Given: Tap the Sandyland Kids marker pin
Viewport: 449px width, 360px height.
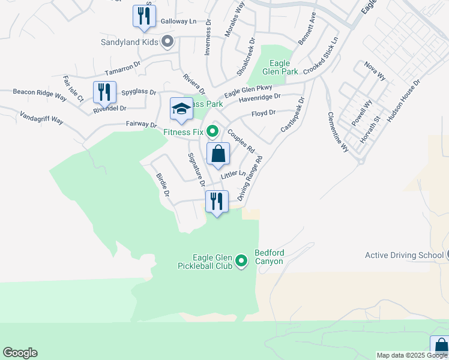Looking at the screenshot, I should [167, 41].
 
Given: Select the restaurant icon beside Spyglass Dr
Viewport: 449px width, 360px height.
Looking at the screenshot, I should [104, 92].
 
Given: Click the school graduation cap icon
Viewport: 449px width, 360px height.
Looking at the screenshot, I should [181, 109].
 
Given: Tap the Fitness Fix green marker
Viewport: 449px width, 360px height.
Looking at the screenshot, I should [212, 130].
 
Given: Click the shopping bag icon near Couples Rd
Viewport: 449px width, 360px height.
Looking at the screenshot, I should [218, 154].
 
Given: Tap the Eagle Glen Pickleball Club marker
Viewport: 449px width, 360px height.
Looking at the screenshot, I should [241, 260].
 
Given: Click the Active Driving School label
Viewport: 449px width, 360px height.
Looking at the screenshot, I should [404, 256].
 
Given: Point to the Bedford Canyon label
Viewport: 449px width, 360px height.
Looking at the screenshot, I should [269, 257].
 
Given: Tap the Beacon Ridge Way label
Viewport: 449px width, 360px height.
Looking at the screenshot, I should [40, 94].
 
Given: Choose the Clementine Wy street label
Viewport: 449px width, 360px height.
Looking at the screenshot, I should [337, 131].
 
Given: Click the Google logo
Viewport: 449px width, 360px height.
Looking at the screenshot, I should [20, 353].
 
